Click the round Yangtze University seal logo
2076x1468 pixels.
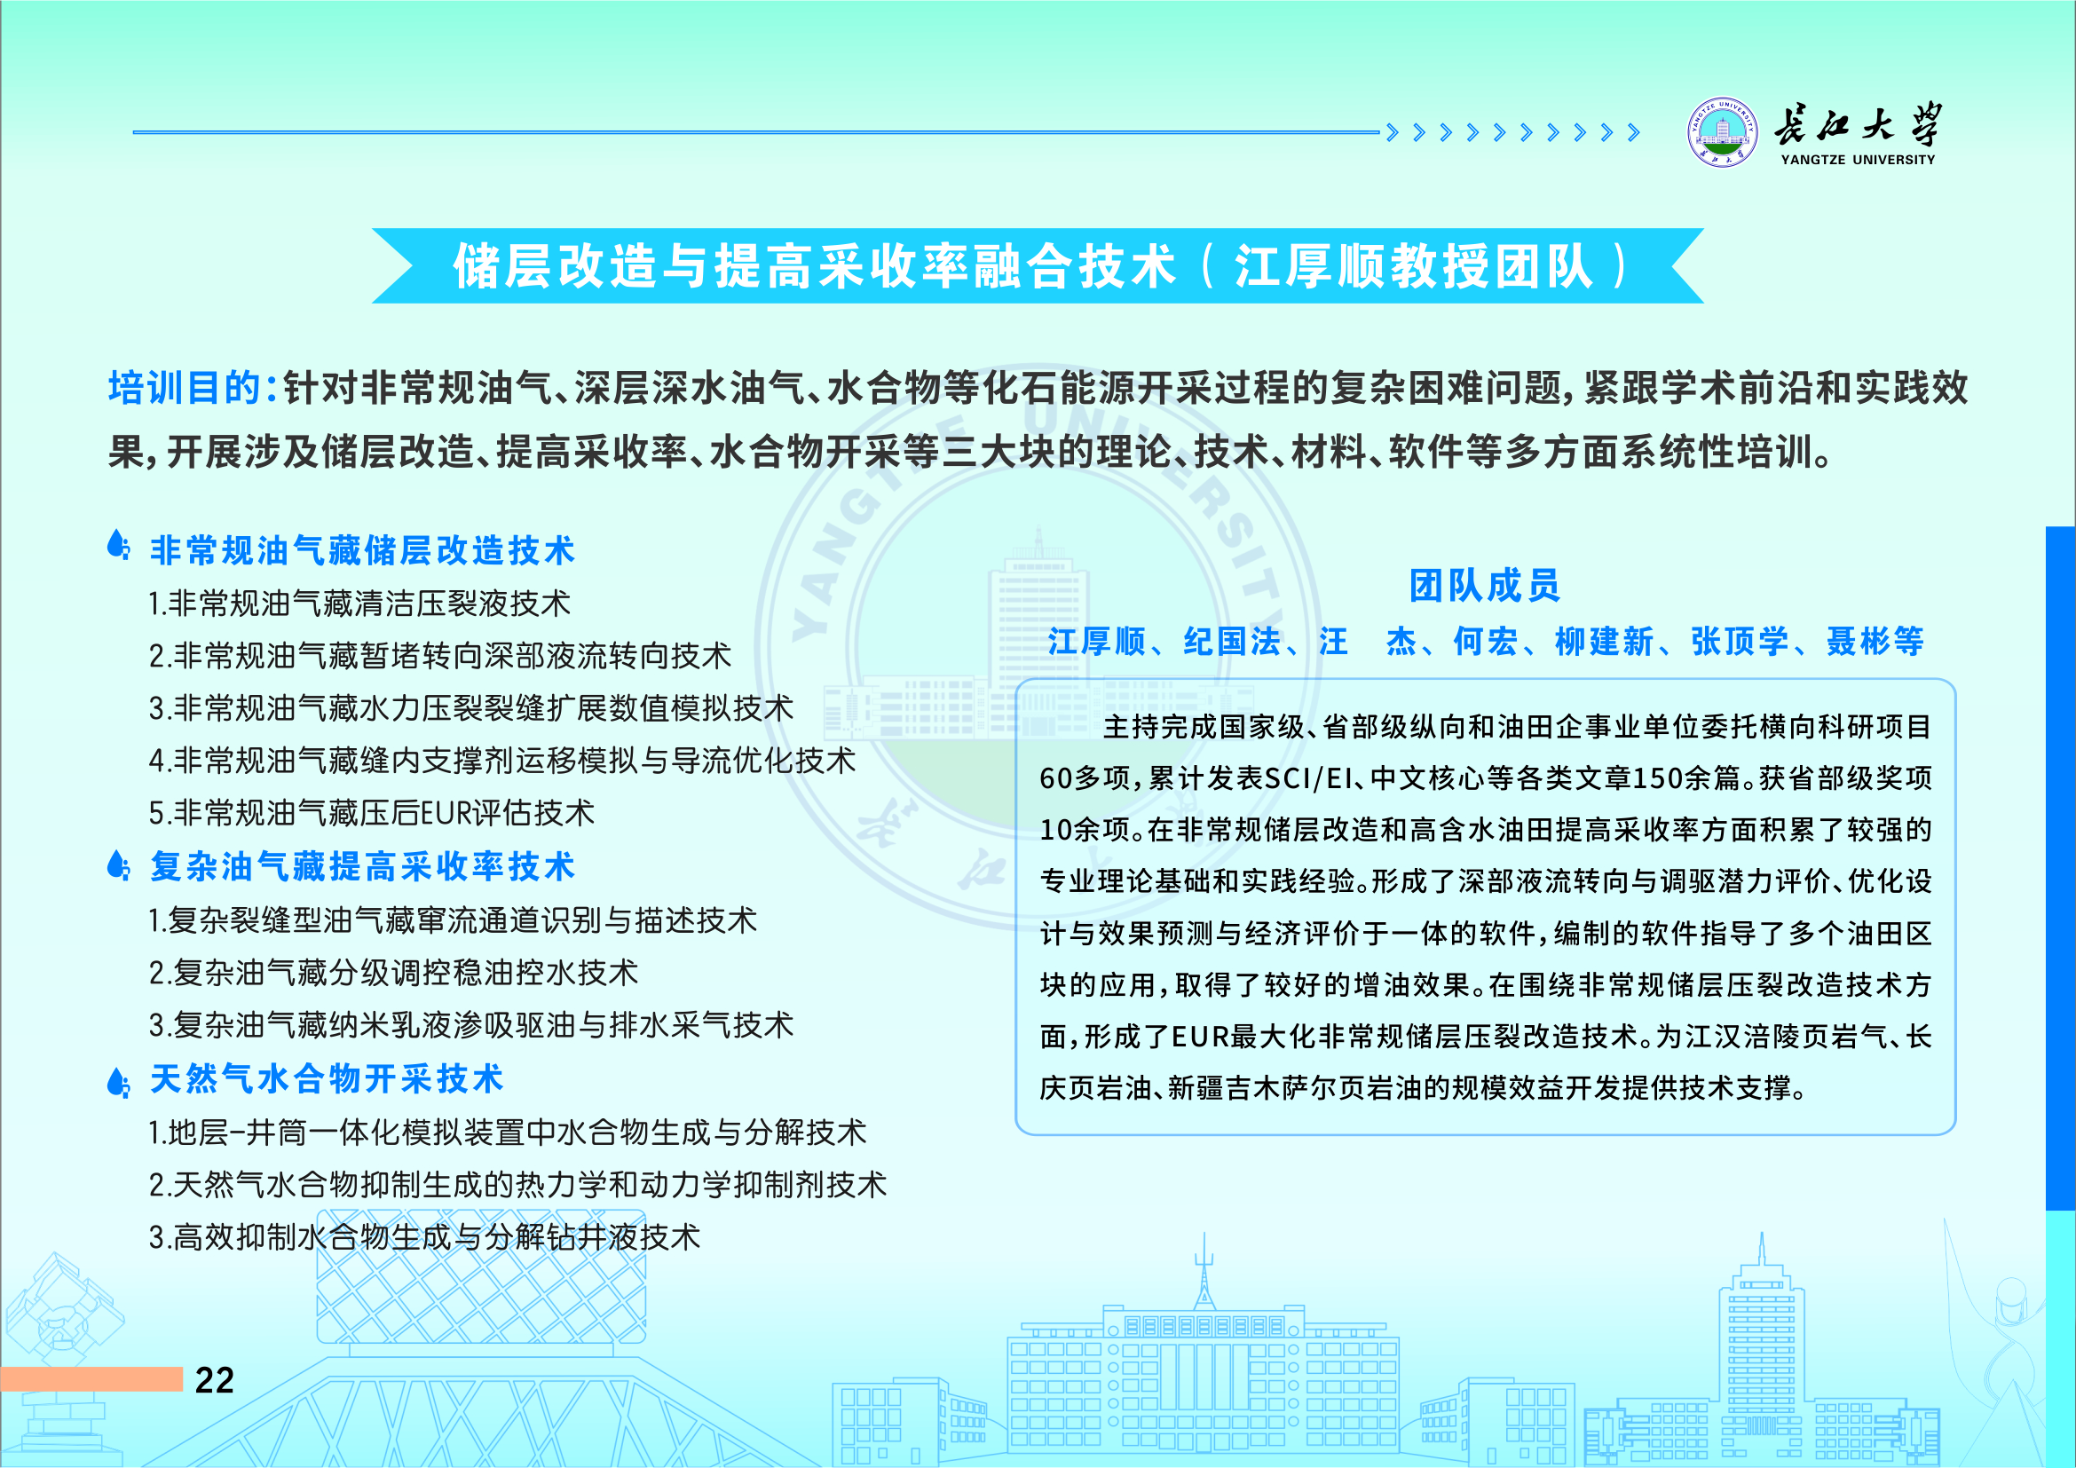click(x=1724, y=132)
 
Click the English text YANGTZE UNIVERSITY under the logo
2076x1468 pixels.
click(x=1858, y=160)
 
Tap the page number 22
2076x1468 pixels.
click(x=214, y=1380)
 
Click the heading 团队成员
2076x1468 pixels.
click(x=1485, y=586)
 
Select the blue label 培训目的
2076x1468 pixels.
click(x=185, y=388)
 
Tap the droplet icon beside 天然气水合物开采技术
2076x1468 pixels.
click(x=118, y=1081)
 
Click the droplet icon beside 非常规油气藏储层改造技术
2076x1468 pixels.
click(x=118, y=544)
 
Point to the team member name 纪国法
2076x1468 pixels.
click(x=1232, y=642)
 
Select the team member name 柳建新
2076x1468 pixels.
click(x=1604, y=642)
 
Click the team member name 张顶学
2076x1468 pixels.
click(x=1740, y=642)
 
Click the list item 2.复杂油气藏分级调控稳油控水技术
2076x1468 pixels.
click(x=393, y=974)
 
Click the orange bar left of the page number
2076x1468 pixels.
click(x=91, y=1379)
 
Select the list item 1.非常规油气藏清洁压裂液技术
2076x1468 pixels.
click(x=359, y=604)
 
